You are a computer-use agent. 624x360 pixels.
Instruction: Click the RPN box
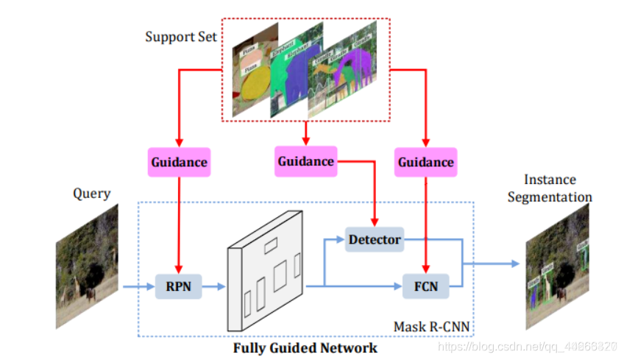tap(178, 286)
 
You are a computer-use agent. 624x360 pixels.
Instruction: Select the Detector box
tap(375, 239)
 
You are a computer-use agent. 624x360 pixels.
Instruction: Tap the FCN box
tap(425, 286)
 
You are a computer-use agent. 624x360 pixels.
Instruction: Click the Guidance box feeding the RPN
tap(179, 161)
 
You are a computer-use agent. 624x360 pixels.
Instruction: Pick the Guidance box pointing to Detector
tap(305, 160)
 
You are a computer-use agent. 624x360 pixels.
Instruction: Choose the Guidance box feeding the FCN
tap(425, 161)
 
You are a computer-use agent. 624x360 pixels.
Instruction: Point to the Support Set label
tap(181, 37)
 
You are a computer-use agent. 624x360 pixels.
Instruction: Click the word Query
tap(91, 194)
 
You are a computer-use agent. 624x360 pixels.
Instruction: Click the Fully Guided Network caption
tap(305, 347)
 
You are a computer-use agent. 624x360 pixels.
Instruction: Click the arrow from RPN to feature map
tap(214, 286)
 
